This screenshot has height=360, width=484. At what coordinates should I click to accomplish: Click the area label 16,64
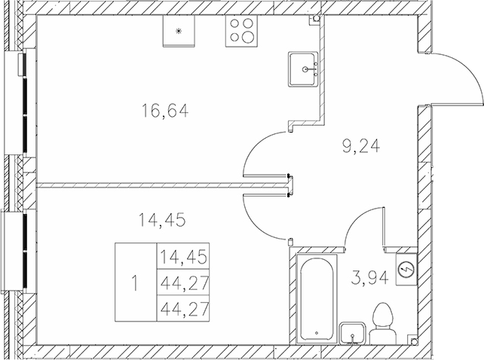164,112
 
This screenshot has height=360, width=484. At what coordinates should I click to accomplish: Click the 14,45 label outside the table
162,221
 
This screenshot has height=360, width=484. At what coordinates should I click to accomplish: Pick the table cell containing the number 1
135,284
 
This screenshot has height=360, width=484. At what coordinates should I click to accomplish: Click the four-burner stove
241,31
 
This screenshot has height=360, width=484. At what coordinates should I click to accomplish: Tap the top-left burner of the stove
234,24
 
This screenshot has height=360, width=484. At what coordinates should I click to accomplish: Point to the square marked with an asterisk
179,31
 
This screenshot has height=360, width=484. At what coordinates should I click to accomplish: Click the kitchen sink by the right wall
306,70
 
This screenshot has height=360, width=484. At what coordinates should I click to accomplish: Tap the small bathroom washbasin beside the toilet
353,332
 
